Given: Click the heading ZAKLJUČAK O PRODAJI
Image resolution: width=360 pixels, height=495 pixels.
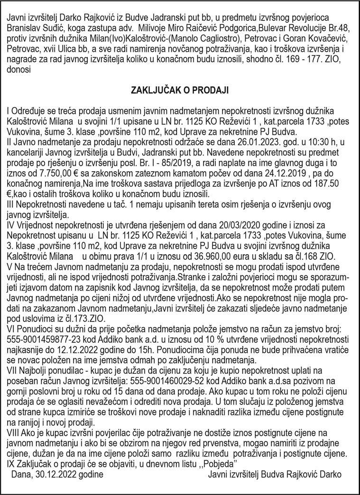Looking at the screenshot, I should pyautogui.click(x=180, y=89).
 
